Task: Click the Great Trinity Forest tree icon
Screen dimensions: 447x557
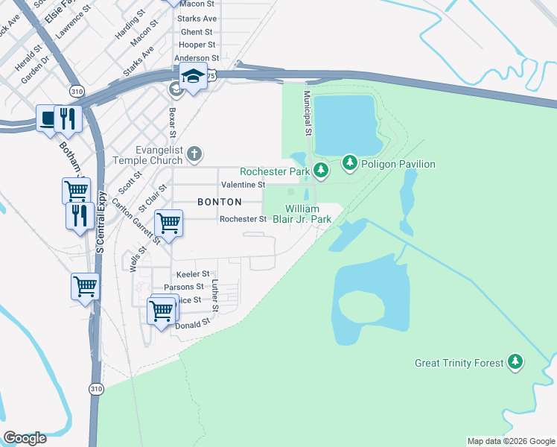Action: pos(515,363)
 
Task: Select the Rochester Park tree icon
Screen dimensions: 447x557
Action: pos(321,171)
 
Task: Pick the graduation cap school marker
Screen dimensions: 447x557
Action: pos(192,77)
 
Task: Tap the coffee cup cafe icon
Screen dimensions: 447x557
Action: pos(48,118)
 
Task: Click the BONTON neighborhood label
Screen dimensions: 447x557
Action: pos(219,202)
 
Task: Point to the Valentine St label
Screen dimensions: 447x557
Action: pos(243,184)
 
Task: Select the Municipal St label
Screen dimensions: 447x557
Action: pos(307,112)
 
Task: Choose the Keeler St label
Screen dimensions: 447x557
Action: pos(193,274)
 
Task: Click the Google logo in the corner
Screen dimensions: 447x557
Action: pos(25,438)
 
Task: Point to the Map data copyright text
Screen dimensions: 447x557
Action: pos(510,441)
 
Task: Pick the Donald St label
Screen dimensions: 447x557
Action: pos(193,325)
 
